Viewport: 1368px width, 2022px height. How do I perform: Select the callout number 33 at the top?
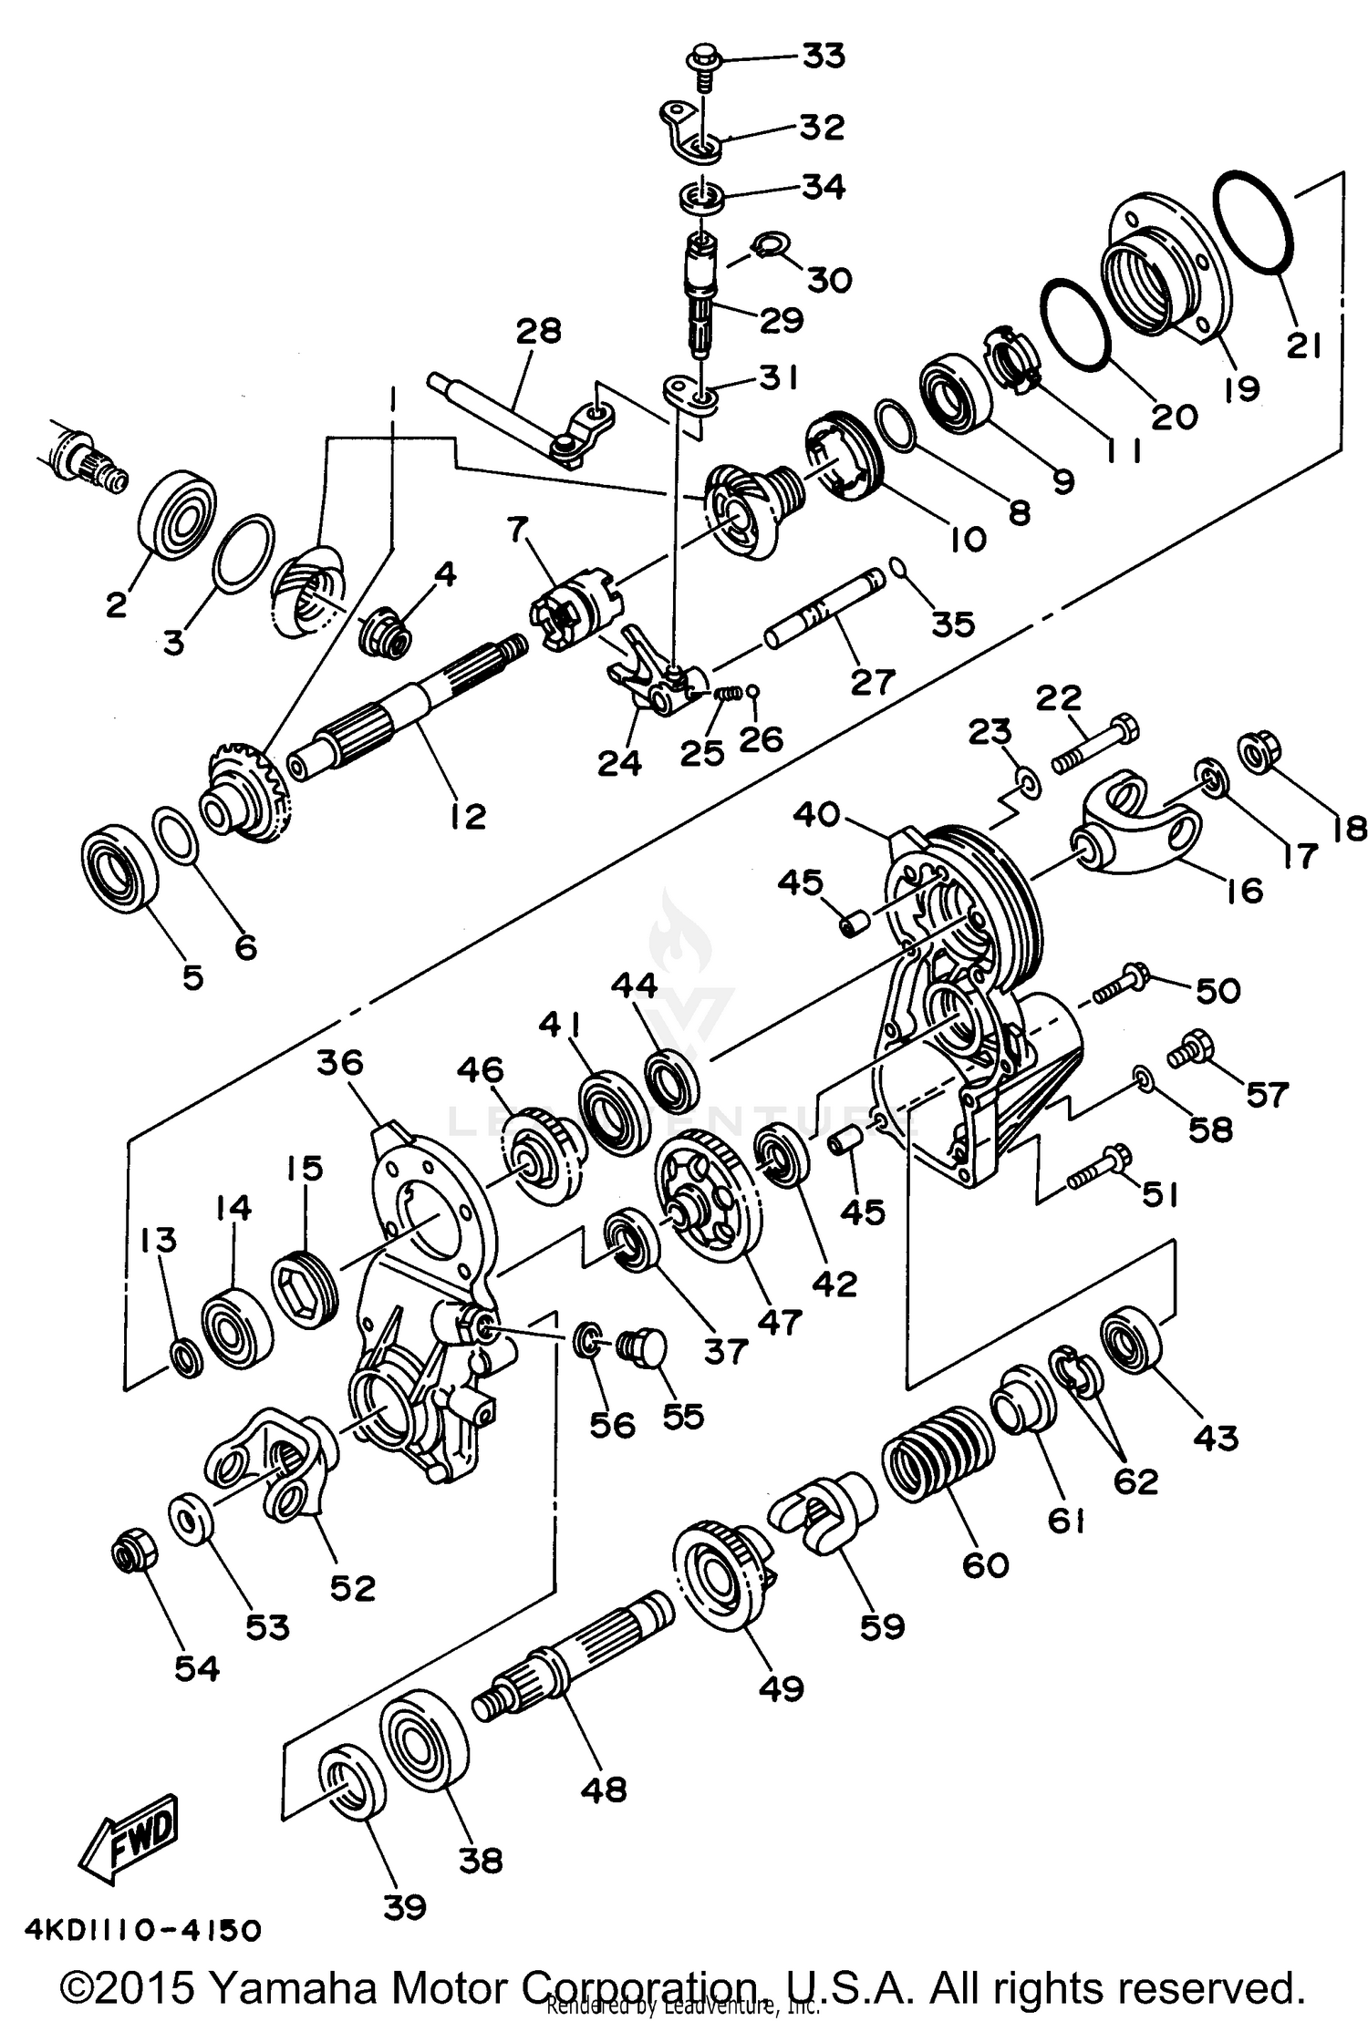[823, 57]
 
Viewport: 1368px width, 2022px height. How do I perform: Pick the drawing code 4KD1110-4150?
[143, 1930]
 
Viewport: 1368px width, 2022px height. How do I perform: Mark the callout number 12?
[467, 815]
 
